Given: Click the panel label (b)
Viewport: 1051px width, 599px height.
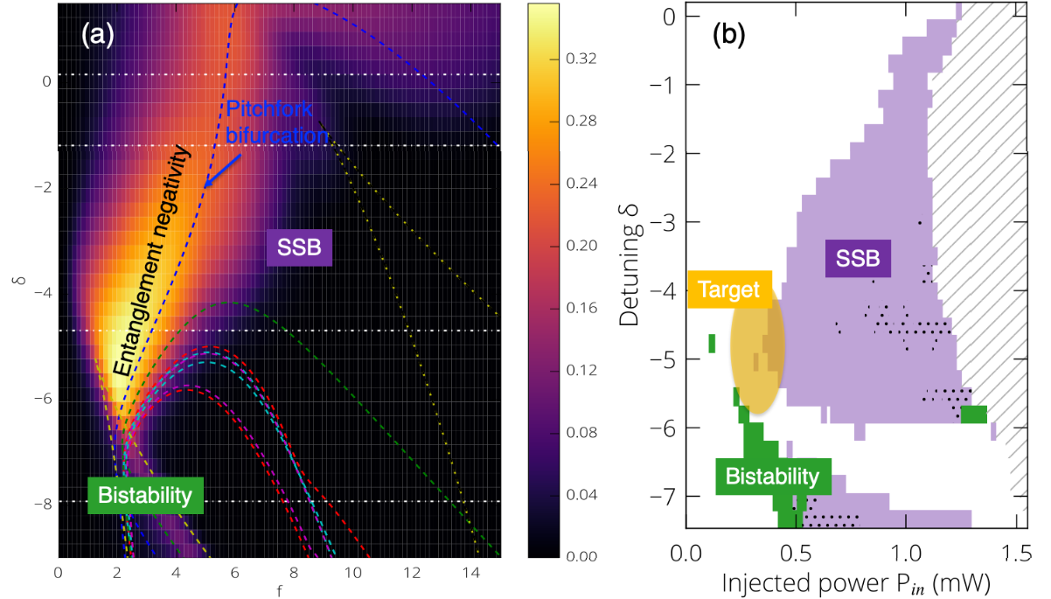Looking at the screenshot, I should pos(732,38).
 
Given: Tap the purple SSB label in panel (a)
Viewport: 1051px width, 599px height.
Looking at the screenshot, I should pos(299,250).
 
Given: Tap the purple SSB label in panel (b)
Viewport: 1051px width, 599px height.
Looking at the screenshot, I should pos(857,258).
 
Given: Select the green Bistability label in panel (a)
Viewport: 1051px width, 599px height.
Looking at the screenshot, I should pos(144,495).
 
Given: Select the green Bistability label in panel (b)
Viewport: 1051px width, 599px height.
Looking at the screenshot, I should pos(772,477).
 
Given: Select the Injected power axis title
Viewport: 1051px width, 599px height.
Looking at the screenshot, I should pos(845,581).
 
